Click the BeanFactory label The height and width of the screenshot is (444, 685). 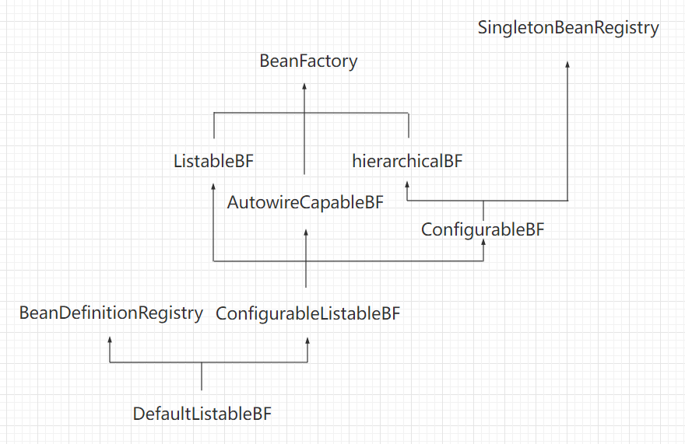308,61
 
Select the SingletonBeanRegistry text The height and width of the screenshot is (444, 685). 568,28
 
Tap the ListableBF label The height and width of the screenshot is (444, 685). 213,162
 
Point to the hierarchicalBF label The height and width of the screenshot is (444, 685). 407,162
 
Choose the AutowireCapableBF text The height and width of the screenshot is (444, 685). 305,203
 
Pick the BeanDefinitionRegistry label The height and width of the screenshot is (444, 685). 111,313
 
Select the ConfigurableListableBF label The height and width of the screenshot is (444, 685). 307,314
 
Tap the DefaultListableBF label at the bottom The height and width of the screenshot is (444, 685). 202,414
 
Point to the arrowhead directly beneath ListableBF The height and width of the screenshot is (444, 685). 213,187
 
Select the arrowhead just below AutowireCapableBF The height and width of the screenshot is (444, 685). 307,232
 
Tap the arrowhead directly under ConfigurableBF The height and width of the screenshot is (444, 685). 483,244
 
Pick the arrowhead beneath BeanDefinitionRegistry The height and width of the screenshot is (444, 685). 110,341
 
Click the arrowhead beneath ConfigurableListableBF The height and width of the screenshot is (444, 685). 307,341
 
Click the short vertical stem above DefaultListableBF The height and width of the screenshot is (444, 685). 202,376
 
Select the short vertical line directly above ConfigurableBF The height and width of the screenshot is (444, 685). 483,210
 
